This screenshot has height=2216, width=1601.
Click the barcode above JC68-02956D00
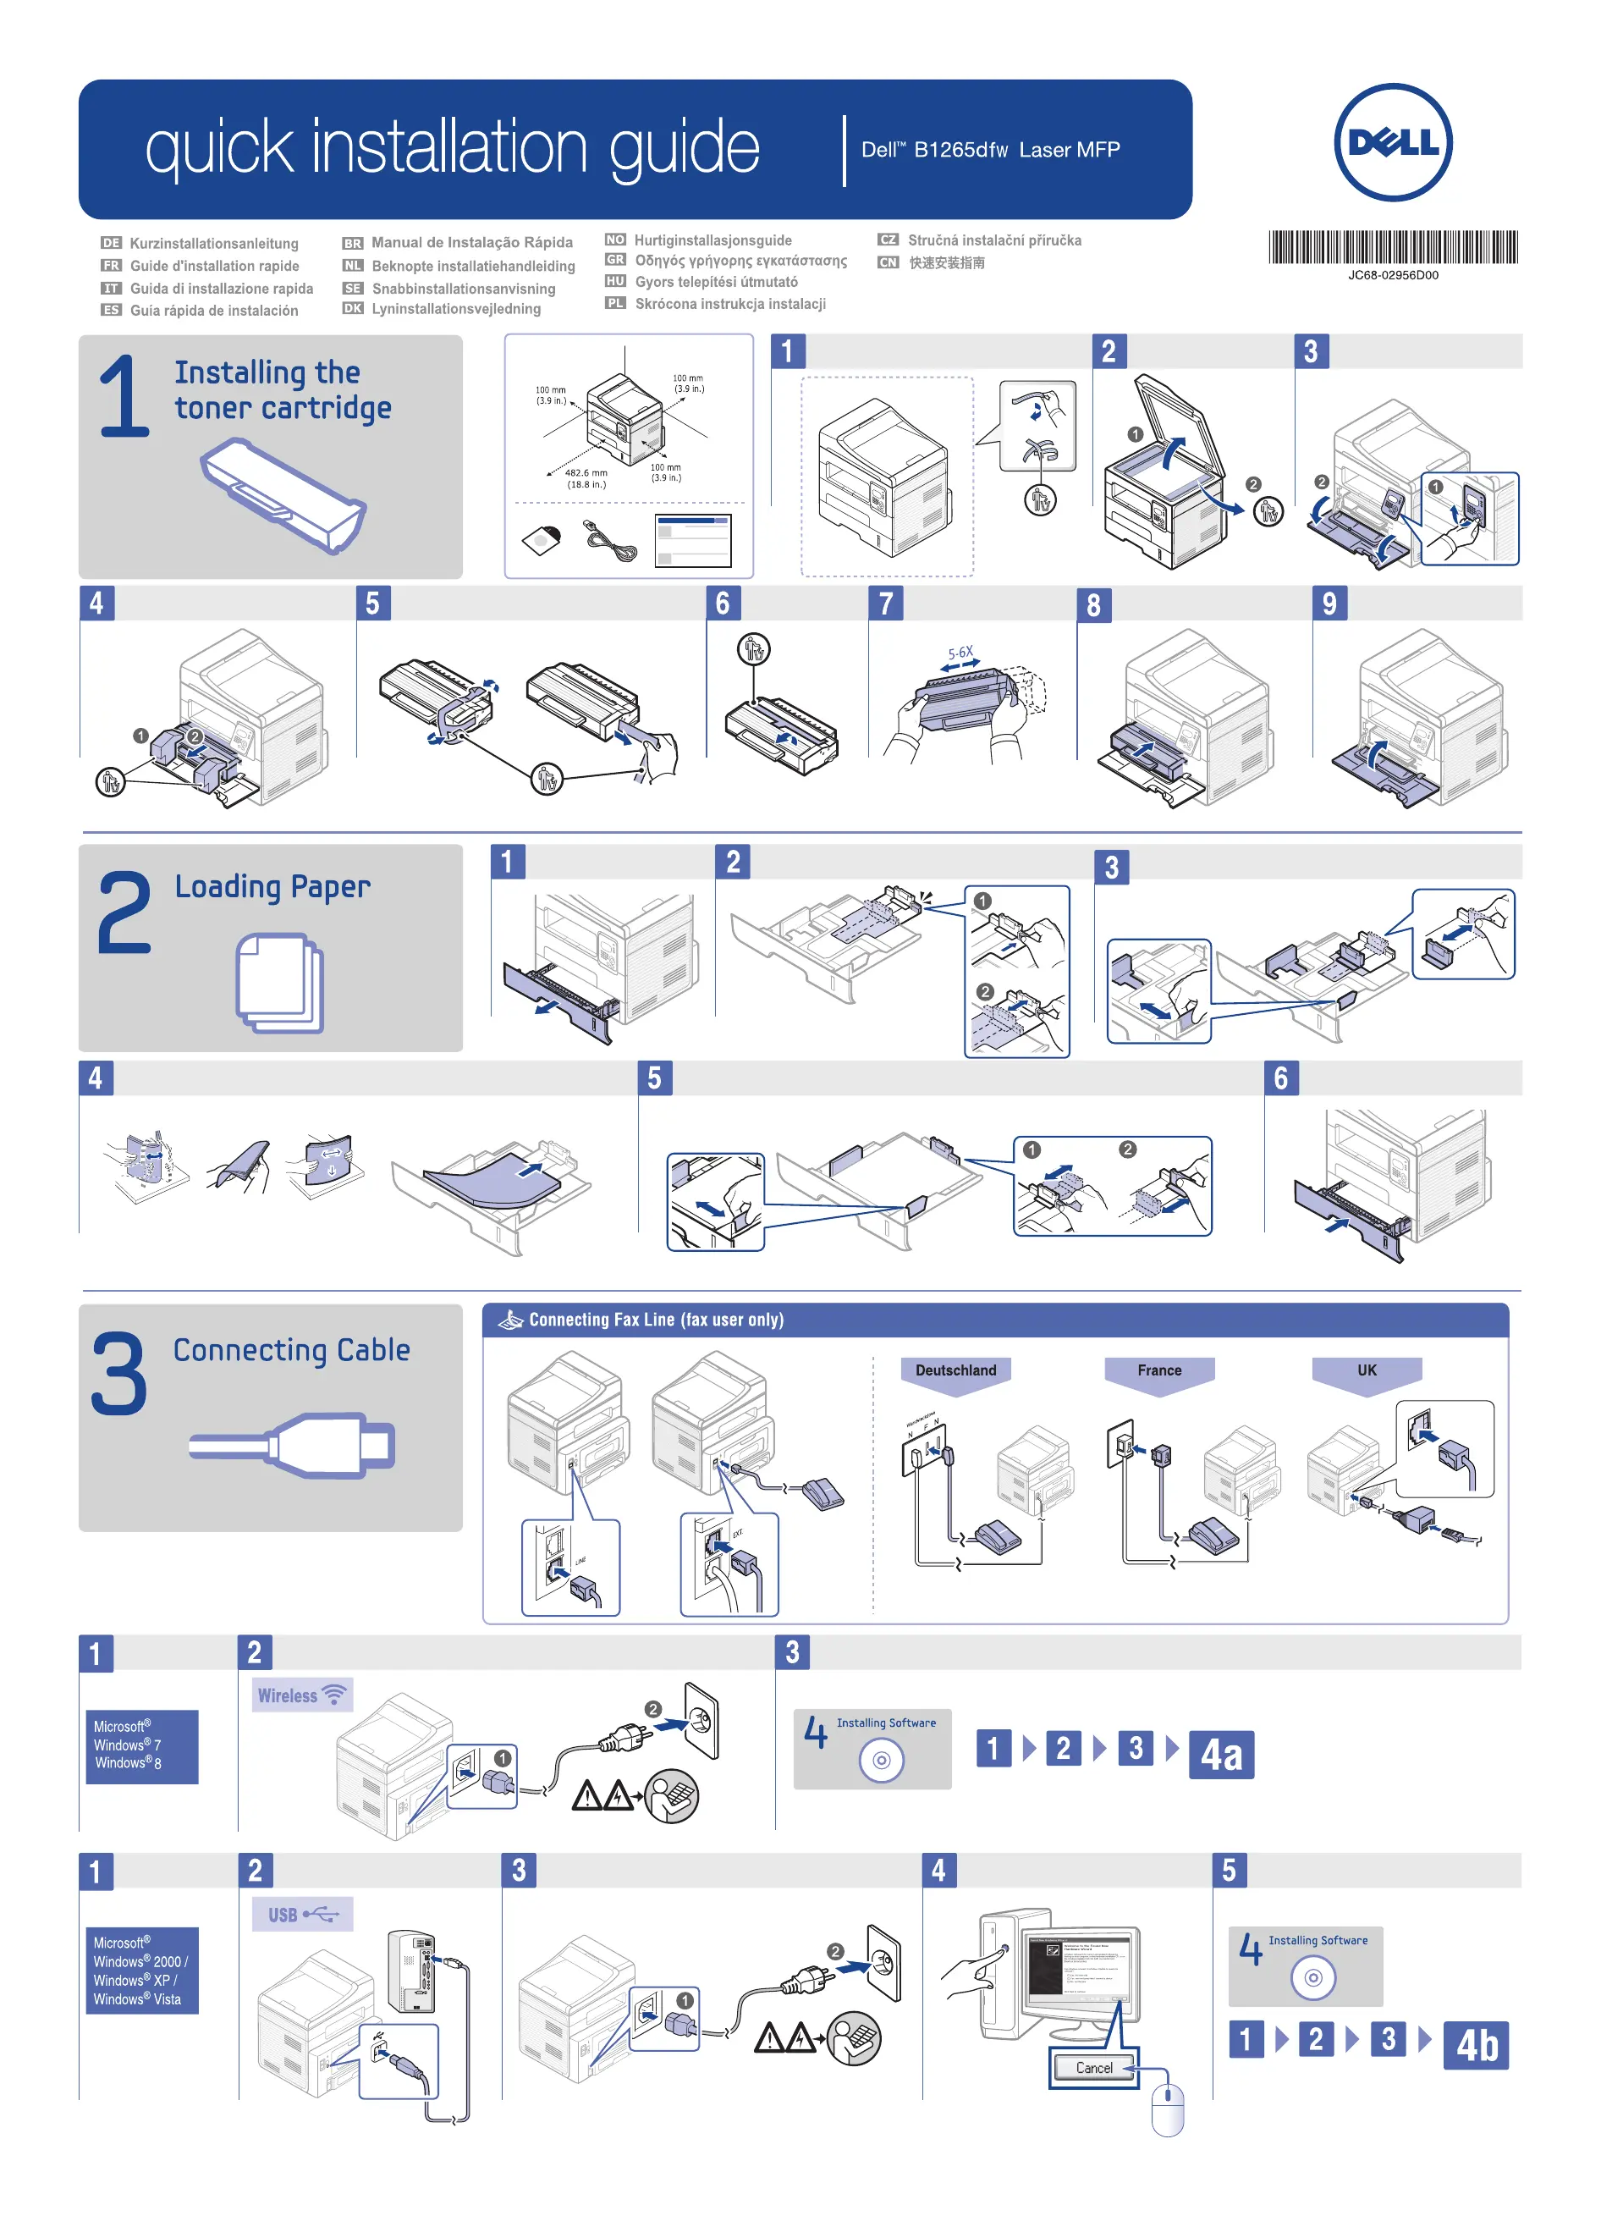pyautogui.click(x=1392, y=247)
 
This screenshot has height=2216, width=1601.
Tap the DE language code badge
pyautogui.click(x=112, y=242)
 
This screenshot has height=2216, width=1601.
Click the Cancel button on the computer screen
pyautogui.click(x=1093, y=2068)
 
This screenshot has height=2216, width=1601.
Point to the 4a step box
pyautogui.click(x=1220, y=1754)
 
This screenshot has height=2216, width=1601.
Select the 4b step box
pyautogui.click(x=1475, y=2045)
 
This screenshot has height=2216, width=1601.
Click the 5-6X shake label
pyautogui.click(x=960, y=653)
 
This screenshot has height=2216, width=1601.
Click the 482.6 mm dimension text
pyautogui.click(x=586, y=473)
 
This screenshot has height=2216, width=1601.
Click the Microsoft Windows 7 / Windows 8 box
pyautogui.click(x=141, y=1745)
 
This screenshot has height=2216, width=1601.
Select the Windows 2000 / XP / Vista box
pyautogui.click(x=141, y=1970)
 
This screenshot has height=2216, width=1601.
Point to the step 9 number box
pyautogui.click(x=1329, y=603)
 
